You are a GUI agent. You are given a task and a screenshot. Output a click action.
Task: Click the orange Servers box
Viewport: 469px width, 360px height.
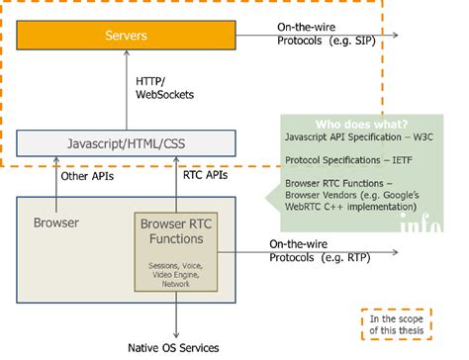coord(127,37)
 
